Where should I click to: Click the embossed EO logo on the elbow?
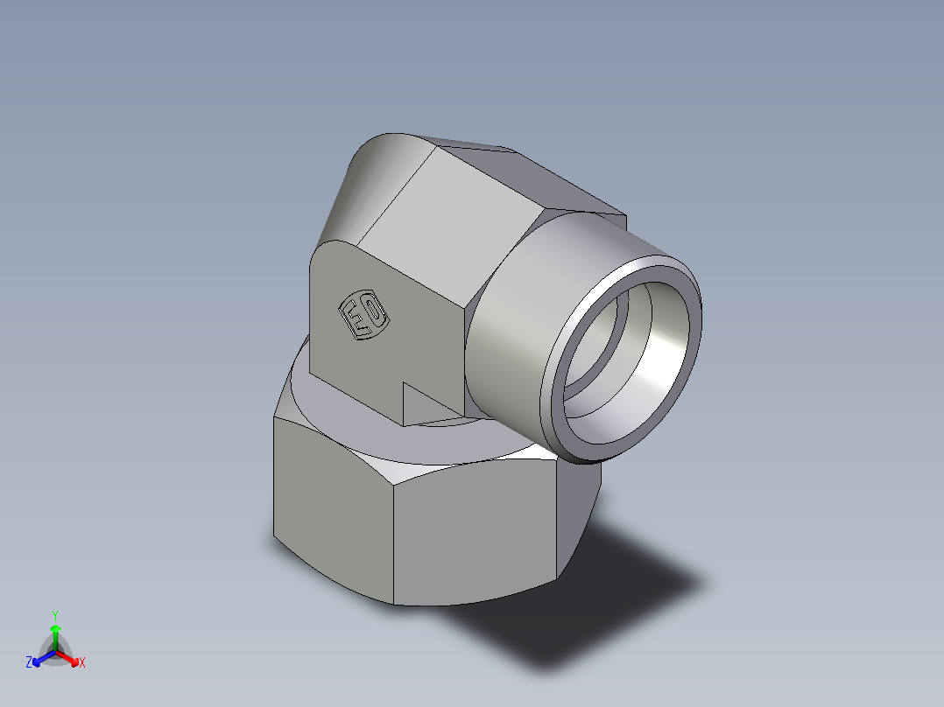(364, 315)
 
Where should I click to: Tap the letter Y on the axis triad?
(55, 615)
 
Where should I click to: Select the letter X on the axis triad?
(82, 663)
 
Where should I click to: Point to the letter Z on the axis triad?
(29, 663)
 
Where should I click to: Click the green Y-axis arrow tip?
(55, 628)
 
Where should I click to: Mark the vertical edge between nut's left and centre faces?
(393, 542)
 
